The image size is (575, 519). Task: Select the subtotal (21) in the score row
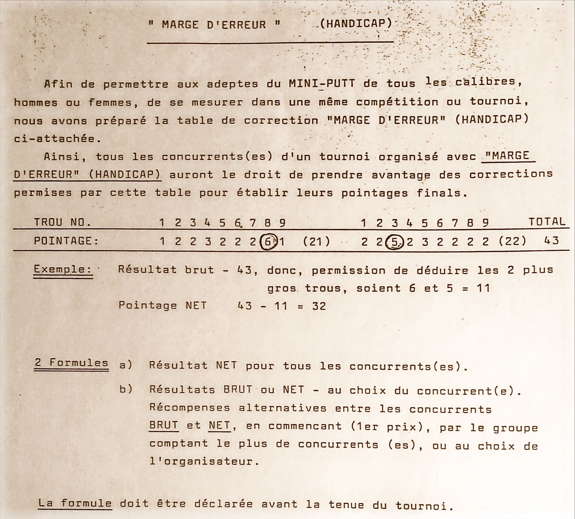(316, 242)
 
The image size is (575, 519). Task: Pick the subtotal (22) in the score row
(513, 241)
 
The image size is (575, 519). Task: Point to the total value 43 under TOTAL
(551, 241)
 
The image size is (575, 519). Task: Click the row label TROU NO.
(63, 222)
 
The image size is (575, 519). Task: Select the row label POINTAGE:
(66, 241)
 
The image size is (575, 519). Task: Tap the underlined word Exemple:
(63, 269)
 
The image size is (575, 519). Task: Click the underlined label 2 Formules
(71, 363)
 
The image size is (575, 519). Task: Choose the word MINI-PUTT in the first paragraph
(322, 84)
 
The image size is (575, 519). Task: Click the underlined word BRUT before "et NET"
(164, 425)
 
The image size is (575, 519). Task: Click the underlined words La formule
(75, 503)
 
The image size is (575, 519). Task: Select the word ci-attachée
(54, 139)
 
